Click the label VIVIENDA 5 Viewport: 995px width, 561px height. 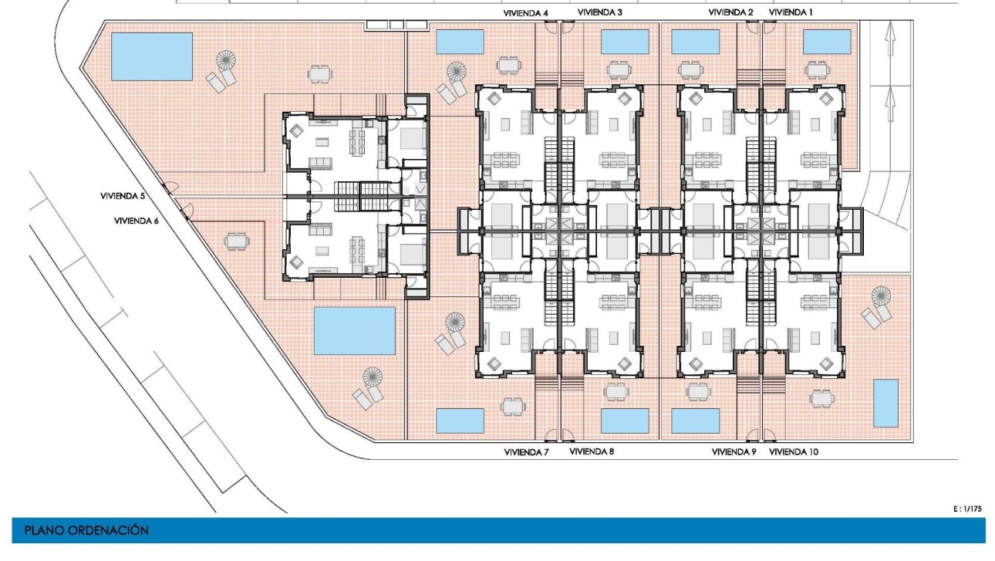tap(123, 196)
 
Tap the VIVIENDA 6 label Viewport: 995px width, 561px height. tap(136, 221)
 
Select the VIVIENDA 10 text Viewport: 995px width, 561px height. tap(794, 452)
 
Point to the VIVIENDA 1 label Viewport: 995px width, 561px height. tap(791, 12)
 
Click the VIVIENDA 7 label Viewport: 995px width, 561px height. tap(526, 452)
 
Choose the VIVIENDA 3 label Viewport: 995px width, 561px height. tap(599, 12)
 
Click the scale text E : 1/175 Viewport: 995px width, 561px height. tap(967, 509)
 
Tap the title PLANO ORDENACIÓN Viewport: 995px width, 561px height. tap(86, 530)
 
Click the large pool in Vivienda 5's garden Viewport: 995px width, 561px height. tap(151, 56)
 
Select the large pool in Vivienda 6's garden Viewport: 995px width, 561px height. tap(355, 331)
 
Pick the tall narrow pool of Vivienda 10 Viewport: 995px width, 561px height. tap(885, 403)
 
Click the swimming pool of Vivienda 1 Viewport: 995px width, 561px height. tap(827, 42)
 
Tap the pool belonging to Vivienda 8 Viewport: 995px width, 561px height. tap(625, 421)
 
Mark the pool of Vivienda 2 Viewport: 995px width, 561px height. tap(695, 42)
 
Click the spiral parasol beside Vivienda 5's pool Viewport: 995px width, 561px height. tap(226, 60)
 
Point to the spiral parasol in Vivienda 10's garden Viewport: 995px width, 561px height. tap(882, 296)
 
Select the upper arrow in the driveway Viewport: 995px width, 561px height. tap(890, 39)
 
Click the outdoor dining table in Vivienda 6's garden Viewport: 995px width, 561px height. tap(237, 242)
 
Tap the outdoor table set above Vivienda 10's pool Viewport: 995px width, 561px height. tap(822, 398)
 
